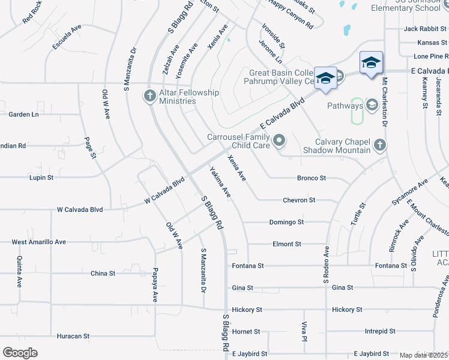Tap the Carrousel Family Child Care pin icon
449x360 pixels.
279,141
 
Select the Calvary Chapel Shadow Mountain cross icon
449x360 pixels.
379,145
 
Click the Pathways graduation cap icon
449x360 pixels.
372,106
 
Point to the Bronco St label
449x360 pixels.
312,178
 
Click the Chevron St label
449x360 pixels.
299,200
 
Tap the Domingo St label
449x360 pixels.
287,222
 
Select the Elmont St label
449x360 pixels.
286,244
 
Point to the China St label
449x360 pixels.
103,274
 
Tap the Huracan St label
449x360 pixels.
73,336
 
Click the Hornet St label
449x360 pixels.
246,331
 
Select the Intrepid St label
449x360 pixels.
380,331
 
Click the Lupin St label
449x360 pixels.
41,178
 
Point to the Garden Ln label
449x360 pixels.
23,114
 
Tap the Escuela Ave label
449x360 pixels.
66,37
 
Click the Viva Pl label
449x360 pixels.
305,332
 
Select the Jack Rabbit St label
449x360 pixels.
426,28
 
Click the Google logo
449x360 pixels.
20,353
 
